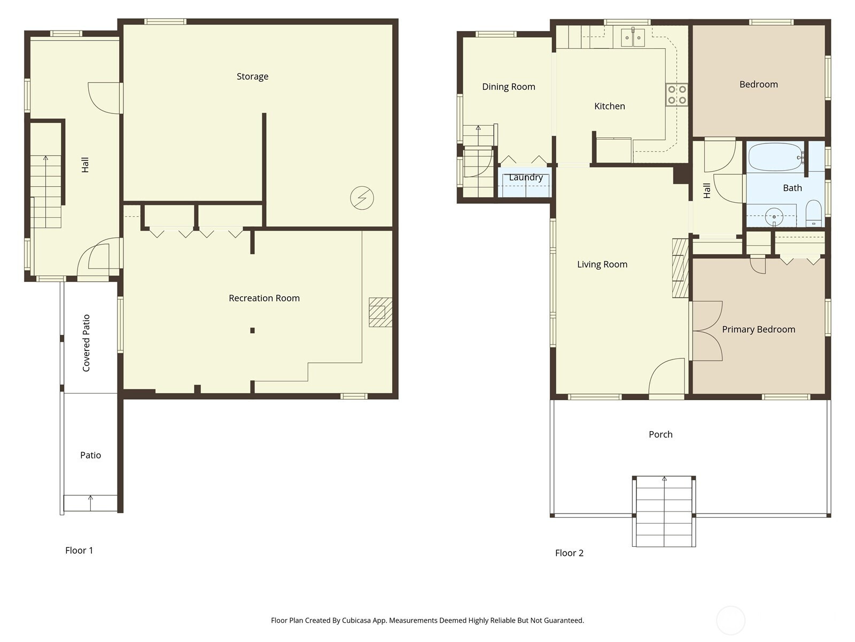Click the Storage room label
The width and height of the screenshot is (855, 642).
[252, 77]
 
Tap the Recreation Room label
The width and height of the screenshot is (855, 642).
[264, 298]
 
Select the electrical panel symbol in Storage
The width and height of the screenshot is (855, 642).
[362, 198]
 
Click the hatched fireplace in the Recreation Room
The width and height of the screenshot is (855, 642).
[380, 312]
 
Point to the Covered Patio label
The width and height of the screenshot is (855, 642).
[86, 343]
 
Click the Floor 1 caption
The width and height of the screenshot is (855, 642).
[79, 551]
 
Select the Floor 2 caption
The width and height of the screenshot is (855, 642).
[569, 553]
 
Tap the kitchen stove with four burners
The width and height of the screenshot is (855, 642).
[677, 95]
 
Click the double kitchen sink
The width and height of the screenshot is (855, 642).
[633, 37]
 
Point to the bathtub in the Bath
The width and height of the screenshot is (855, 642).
[775, 157]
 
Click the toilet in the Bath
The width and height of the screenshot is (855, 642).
[813, 213]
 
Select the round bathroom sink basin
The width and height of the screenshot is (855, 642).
[774, 217]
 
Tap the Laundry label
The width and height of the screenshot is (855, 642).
[526, 178]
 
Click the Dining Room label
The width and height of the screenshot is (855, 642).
[509, 87]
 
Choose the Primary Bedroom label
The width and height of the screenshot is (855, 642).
[758, 330]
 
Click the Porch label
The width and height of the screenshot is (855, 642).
[660, 434]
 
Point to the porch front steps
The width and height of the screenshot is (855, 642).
[664, 511]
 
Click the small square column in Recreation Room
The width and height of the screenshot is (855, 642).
[252, 331]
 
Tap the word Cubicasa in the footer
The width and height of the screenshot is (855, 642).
[356, 620]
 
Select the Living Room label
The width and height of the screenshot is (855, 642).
[602, 264]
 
